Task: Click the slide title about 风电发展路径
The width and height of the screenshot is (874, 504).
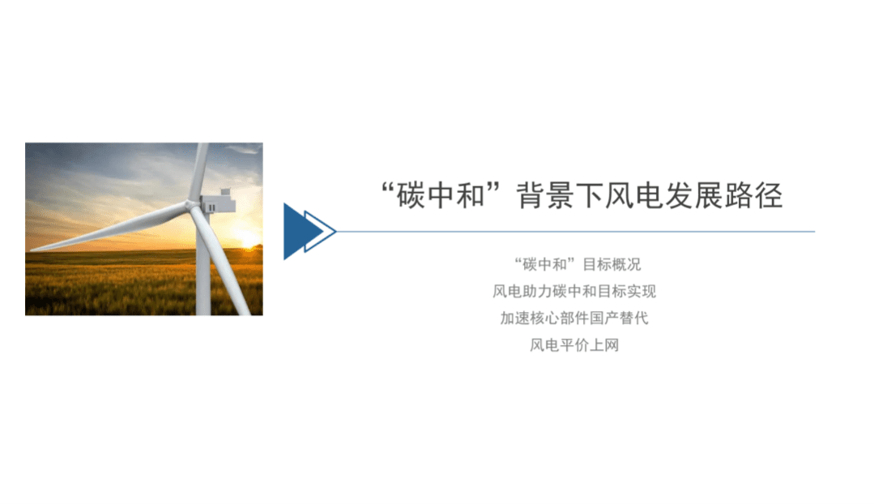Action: click(x=582, y=196)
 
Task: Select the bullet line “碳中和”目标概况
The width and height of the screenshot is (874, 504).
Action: click(x=577, y=264)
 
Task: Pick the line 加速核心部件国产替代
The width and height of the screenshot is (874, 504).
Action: click(x=574, y=318)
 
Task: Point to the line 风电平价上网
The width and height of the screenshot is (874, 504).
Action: click(x=574, y=345)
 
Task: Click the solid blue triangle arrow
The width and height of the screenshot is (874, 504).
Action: click(x=296, y=232)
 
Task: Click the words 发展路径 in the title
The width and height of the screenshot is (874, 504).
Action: click(x=728, y=196)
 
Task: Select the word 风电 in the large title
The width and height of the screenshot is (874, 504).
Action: click(x=642, y=196)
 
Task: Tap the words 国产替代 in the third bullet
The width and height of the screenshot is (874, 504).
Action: click(x=618, y=318)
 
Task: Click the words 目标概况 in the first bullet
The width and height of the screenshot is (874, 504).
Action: click(x=612, y=264)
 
